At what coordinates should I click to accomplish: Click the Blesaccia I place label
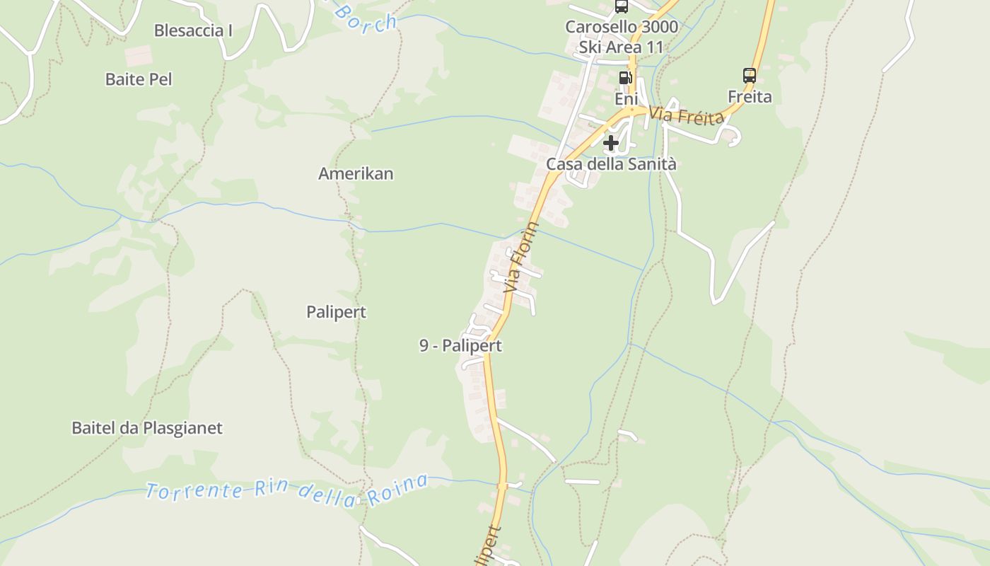[x=193, y=30]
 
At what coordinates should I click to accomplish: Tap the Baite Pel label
[x=139, y=79]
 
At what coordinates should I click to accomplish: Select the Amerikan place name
[x=356, y=173]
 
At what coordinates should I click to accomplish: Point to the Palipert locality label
[x=337, y=312]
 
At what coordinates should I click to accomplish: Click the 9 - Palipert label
[x=460, y=345]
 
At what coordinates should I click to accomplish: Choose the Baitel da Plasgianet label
[x=147, y=428]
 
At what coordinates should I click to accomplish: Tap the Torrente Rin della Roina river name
[x=286, y=490]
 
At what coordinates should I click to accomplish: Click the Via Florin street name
[x=522, y=258]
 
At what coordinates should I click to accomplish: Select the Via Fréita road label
[x=687, y=115]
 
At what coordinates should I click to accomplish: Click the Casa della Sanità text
[x=611, y=164]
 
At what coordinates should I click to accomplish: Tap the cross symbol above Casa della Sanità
[x=611, y=143]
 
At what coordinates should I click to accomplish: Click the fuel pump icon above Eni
[x=625, y=78]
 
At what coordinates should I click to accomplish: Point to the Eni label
[x=626, y=98]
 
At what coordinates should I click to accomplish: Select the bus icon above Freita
[x=750, y=75]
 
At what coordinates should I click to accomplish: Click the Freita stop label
[x=750, y=96]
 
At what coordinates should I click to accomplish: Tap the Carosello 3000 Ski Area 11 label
[x=622, y=37]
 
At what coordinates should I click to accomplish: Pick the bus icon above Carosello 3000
[x=622, y=7]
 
